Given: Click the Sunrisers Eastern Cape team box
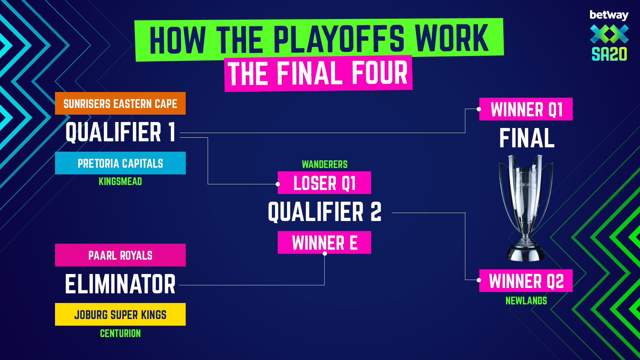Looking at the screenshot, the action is pos(120,103).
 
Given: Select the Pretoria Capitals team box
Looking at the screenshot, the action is pos(120,163).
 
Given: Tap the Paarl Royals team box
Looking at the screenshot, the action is pos(120,255).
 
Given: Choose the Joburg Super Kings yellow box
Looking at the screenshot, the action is pos(120,314).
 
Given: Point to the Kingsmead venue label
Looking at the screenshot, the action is pos(120,181).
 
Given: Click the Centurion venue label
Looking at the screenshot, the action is pos(120,333).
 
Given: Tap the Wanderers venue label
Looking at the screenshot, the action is pos(325,164).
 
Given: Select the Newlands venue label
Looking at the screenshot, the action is pos(526,301).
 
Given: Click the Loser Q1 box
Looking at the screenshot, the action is pos(324,183).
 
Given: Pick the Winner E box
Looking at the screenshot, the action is pos(324,242).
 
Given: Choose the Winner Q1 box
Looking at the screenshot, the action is pos(526,109).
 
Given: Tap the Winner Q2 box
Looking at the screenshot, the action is pos(526,281).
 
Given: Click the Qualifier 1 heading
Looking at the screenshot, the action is pos(120,132).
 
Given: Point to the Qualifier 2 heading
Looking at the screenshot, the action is pos(325,212).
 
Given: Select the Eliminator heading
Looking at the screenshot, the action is pos(120,284).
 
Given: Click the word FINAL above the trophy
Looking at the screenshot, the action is pos(527,138).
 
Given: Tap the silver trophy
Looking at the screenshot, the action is pos(526,208).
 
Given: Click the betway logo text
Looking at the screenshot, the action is pos(609,15).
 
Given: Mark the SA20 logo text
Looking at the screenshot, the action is pos(609,54).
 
